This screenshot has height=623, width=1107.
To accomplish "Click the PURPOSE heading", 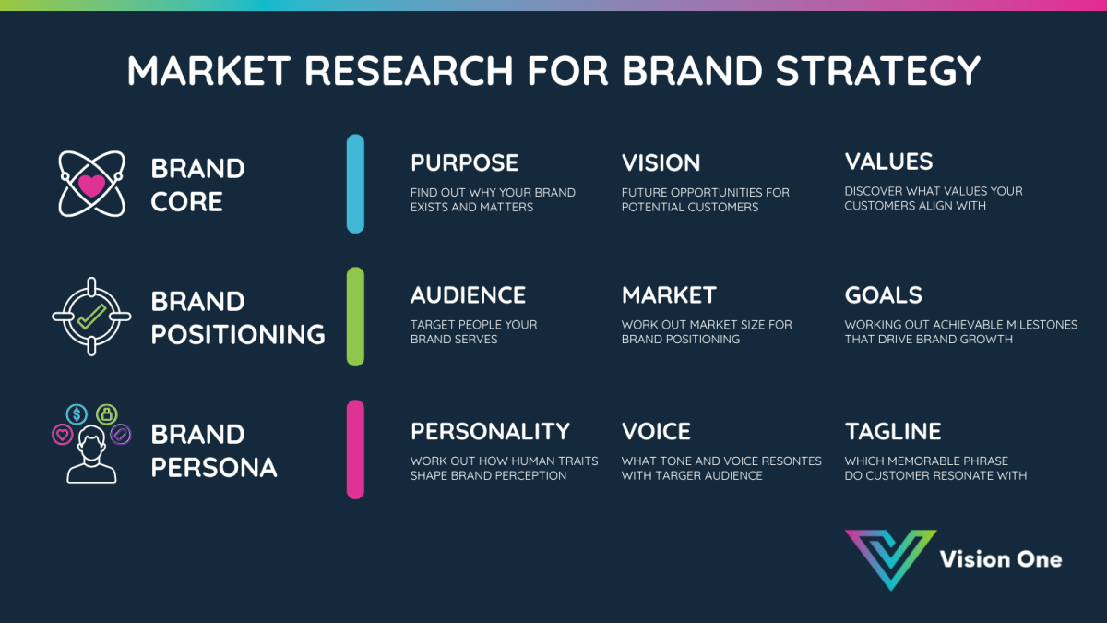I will click(464, 162).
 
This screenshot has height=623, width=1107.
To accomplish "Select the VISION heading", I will click(661, 162).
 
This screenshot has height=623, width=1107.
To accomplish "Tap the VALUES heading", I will click(888, 162).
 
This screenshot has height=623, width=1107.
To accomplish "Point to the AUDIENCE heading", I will click(468, 295).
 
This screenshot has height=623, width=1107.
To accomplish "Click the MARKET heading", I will click(669, 295).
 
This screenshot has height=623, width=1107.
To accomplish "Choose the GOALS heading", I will click(883, 295).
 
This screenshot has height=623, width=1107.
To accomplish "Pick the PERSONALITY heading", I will click(490, 431).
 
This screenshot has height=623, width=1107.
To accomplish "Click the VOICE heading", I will click(656, 431).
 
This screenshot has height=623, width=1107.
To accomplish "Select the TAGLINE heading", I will click(892, 431).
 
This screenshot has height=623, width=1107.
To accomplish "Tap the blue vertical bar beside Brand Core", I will click(355, 184).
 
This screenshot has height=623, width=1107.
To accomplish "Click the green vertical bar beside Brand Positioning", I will click(355, 317).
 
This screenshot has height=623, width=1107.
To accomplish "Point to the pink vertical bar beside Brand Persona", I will click(355, 449).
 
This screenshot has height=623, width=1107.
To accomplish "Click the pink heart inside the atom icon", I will click(91, 185).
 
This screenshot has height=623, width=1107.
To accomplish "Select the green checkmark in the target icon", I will click(90, 317).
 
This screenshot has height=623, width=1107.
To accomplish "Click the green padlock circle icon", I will click(107, 413).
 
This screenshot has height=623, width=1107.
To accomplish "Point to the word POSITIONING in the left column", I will click(238, 334).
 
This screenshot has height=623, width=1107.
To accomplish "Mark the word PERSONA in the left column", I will click(213, 467).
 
